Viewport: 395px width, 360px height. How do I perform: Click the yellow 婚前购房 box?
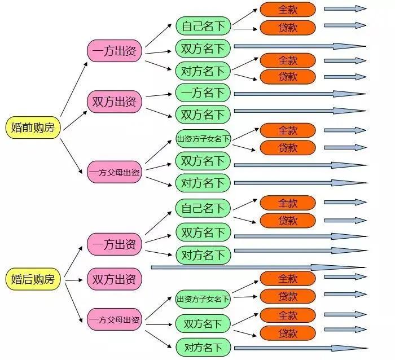33,128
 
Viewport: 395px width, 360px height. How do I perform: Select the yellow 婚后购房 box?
33,279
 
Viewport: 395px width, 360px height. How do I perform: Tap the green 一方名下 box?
203,93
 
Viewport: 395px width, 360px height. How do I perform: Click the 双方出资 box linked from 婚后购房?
114,279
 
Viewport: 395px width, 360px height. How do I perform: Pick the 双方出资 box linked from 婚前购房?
114,102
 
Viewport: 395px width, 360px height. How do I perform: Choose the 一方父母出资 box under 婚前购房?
114,172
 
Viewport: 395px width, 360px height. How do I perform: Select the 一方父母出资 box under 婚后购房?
114,320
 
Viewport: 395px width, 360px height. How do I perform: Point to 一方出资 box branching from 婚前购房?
114,51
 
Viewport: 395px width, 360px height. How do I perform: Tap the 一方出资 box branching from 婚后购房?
114,244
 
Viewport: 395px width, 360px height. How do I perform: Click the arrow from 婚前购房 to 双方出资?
74,119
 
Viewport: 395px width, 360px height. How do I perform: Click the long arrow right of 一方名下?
299,94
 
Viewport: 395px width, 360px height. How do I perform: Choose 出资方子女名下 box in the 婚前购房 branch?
203,138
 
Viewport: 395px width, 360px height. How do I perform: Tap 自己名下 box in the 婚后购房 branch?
203,208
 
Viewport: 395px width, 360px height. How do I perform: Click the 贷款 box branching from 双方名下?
288,333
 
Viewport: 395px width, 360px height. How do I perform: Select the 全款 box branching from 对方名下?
288,60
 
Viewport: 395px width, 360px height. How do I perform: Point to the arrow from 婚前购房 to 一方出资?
73,90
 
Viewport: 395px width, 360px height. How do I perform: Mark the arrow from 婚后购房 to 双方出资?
74,279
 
